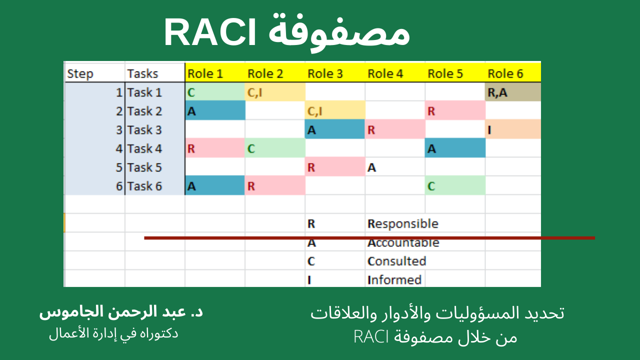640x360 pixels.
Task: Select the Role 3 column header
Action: click(x=325, y=73)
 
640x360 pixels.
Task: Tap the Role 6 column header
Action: click(x=505, y=73)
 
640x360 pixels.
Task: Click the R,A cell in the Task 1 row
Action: click(x=512, y=92)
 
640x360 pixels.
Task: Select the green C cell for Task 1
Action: click(x=215, y=92)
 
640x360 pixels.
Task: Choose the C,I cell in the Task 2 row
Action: click(x=335, y=111)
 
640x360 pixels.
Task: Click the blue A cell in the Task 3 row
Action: click(x=335, y=129)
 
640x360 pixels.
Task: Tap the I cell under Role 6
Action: click(x=512, y=129)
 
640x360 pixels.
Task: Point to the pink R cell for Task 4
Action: click(x=215, y=148)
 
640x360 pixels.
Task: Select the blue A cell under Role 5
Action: click(x=455, y=148)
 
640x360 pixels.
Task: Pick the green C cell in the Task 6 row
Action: click(x=455, y=186)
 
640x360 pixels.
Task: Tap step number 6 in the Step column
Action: click(x=119, y=186)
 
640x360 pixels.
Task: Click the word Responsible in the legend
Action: click(x=403, y=223)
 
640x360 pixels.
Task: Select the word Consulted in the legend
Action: click(x=397, y=261)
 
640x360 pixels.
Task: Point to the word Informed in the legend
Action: click(x=394, y=279)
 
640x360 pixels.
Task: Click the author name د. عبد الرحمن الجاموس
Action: click(x=121, y=312)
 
